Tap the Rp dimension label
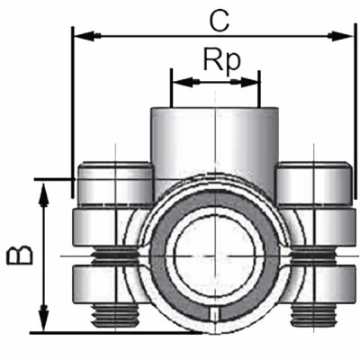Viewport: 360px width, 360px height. pyautogui.click(x=216, y=60)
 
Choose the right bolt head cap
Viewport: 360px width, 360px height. pyautogui.click(x=312, y=184)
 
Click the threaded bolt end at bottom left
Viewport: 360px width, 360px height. pyautogui.click(x=115, y=315)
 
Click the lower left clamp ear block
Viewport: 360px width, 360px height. pyautogui.click(x=108, y=283)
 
